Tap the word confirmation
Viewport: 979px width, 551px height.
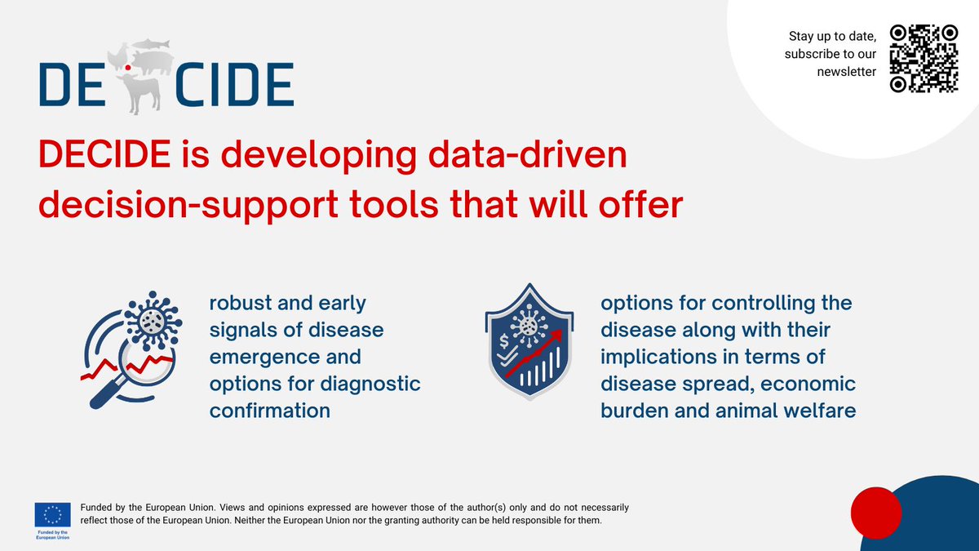270,411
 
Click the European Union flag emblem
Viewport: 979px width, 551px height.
52,513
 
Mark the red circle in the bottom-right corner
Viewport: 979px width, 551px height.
875,512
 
